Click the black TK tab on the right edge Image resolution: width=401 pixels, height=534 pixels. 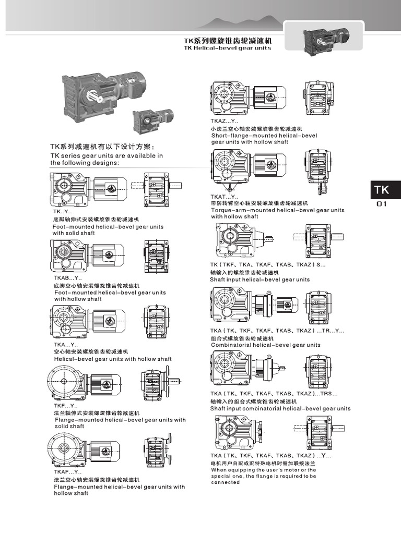pos(385,191)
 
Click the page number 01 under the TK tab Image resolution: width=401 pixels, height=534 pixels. pos(382,204)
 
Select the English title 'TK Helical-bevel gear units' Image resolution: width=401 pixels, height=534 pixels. pos(227,48)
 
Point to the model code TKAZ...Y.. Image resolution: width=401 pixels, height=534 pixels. pos(225,121)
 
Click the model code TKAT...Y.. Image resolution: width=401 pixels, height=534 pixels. pos(225,197)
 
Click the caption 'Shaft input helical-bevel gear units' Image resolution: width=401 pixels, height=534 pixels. pos(260,280)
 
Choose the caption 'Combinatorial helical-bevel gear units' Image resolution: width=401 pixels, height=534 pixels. pos(265,345)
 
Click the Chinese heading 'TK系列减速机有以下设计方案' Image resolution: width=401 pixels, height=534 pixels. pos(102,147)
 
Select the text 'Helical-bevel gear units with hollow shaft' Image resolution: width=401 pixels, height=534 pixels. pos(113,359)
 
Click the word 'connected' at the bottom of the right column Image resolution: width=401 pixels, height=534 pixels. pos(225,482)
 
